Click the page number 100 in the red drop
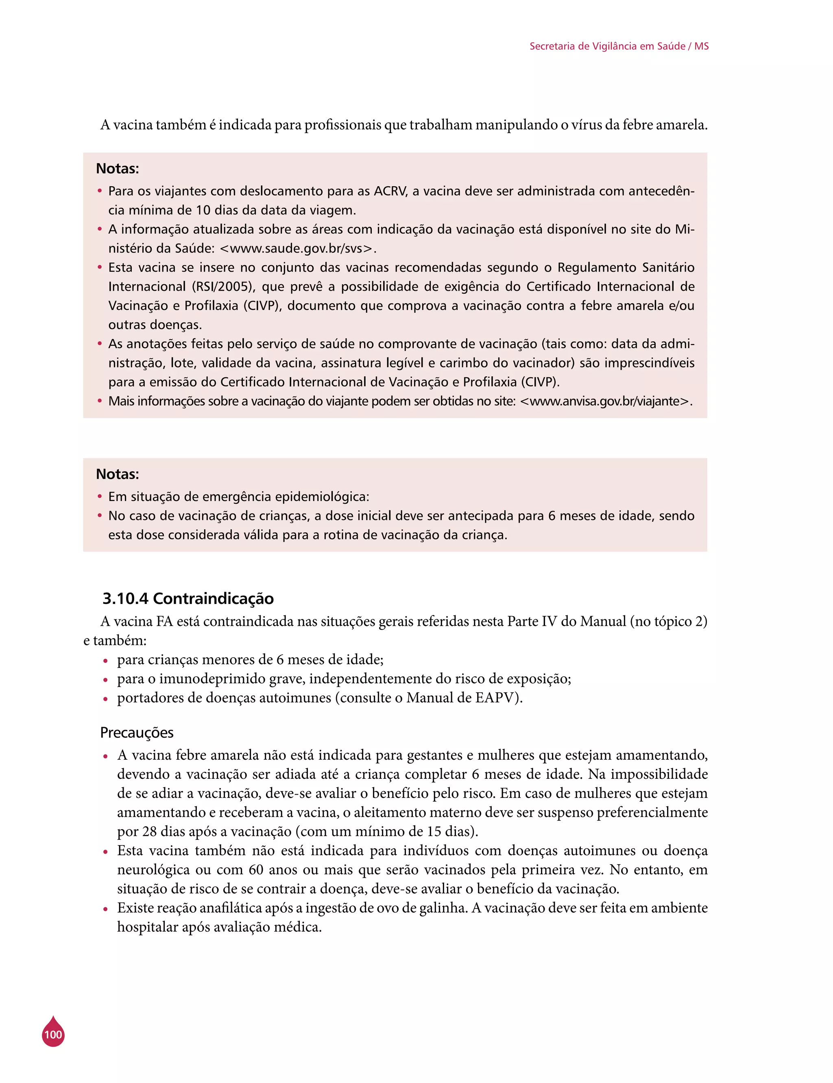[53, 1035]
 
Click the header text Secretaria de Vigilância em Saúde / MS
[619, 46]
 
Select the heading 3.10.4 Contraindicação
[188, 598]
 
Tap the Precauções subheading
[137, 732]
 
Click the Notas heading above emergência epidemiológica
[118, 474]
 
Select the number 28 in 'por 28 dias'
[150, 831]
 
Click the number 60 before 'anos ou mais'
[256, 869]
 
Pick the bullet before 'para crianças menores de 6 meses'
[105, 661]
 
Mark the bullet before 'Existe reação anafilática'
[105, 909]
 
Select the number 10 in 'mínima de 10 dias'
[203, 210]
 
